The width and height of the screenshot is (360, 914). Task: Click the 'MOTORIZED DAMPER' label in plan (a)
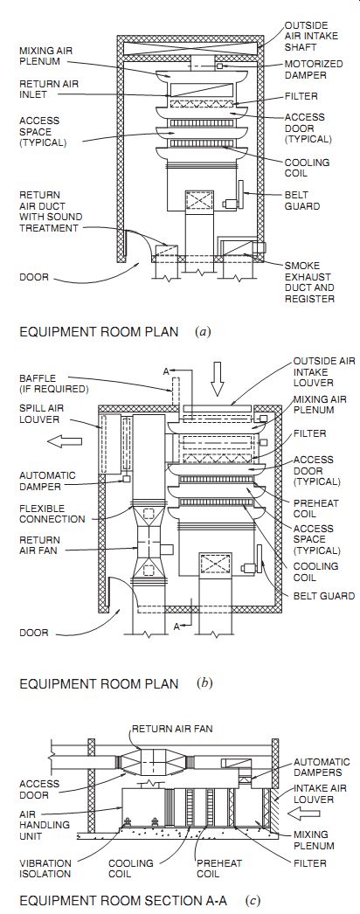click(x=314, y=69)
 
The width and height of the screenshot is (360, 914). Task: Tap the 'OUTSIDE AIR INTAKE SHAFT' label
click(x=307, y=36)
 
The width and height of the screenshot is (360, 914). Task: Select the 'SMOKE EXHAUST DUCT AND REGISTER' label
click(x=309, y=281)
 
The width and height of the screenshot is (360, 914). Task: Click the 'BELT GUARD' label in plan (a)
click(x=298, y=200)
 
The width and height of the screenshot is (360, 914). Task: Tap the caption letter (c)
click(x=253, y=901)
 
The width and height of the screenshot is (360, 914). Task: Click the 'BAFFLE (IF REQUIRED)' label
click(x=53, y=383)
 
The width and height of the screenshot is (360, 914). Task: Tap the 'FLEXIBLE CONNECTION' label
click(x=52, y=513)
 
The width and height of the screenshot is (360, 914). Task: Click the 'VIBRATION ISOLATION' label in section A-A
click(x=45, y=868)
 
